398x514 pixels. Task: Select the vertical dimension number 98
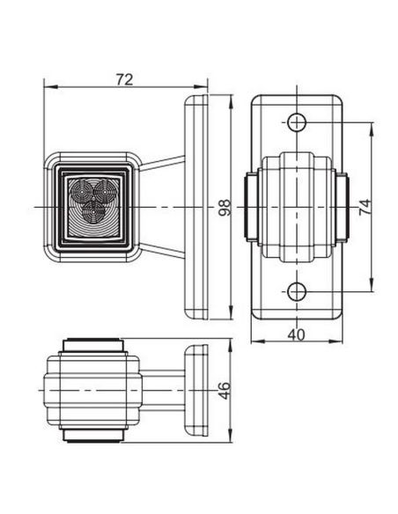tap(224, 208)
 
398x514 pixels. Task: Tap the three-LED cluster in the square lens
tap(92, 199)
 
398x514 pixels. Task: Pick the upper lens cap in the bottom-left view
tap(92, 341)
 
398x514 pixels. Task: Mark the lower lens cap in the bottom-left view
tap(92, 437)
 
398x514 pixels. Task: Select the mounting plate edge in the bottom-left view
tap(195, 388)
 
